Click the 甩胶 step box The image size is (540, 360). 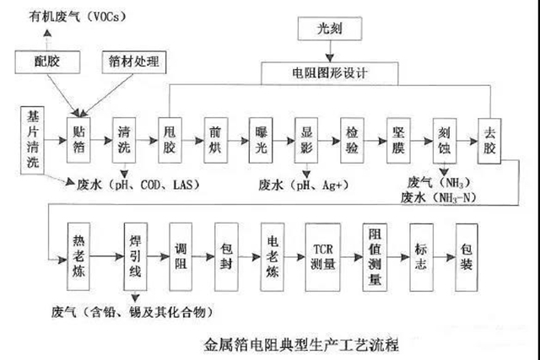click(x=172, y=139)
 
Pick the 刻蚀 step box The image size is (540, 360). click(x=445, y=139)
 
